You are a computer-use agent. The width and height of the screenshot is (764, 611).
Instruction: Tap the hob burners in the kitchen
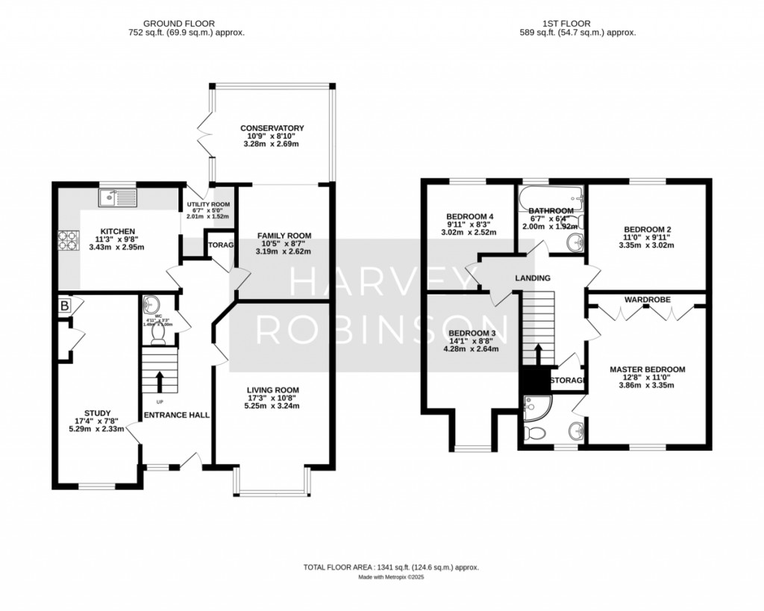tap(65, 241)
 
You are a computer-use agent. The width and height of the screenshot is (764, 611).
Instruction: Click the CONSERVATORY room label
tap(272, 128)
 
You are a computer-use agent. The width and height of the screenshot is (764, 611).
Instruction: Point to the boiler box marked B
tap(64, 305)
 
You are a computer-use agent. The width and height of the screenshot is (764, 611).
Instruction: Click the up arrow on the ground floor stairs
tap(159, 379)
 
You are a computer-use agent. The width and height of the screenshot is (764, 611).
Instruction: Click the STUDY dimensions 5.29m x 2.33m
tap(98, 428)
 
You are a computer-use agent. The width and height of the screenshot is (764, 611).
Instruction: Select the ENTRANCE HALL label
tap(176, 415)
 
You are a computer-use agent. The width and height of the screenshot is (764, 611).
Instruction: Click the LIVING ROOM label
tap(274, 389)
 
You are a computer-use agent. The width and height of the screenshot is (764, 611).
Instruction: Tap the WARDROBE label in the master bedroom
tap(647, 299)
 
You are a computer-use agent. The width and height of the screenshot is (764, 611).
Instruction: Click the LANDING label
tap(532, 278)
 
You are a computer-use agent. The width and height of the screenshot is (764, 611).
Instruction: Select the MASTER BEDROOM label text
tap(647, 369)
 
